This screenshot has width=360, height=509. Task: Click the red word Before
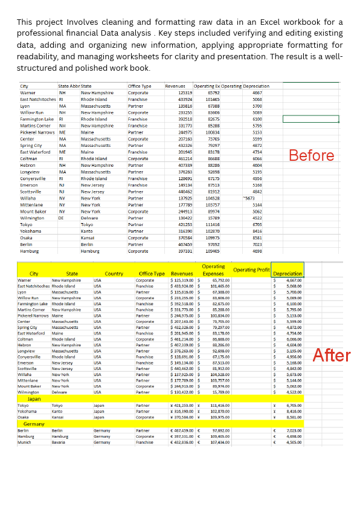(312, 155)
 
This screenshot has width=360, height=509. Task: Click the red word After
(331, 355)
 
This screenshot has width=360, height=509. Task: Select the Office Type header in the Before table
(140, 86)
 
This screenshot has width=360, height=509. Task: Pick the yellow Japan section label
(34, 398)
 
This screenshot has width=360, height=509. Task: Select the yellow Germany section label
(34, 424)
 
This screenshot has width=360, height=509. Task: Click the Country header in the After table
(114, 274)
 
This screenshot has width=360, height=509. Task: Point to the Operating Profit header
(251, 270)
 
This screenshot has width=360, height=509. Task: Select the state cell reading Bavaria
(60, 442)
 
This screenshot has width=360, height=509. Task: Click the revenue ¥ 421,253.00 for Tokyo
(183, 405)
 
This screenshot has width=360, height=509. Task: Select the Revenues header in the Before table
(175, 86)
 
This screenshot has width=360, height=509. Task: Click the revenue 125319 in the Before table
(185, 92)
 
